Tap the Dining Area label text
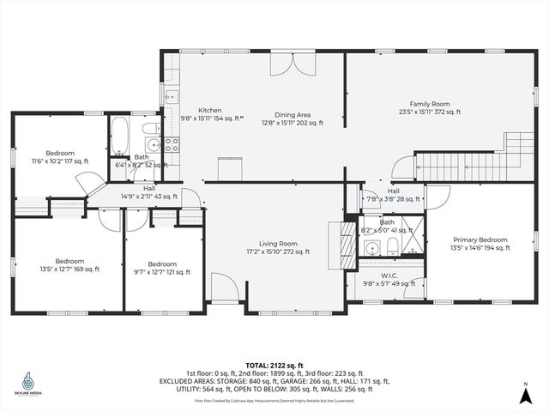[x=293, y=118]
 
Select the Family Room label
[x=429, y=107]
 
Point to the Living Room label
[x=278, y=247]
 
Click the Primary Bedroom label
[x=480, y=244]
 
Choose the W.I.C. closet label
[x=383, y=280]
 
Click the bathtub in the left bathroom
[x=119, y=138]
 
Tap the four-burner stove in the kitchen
[x=172, y=144]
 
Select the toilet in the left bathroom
[x=151, y=129]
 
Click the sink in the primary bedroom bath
[x=371, y=249]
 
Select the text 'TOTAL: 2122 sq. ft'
[x=274, y=365]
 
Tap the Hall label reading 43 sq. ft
[x=149, y=192]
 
